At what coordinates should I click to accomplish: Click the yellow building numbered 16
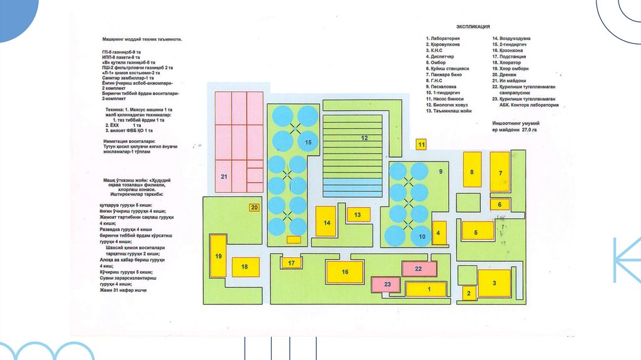[344, 272]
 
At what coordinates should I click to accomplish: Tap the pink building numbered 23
[387, 284]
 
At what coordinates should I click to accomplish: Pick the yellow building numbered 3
[494, 283]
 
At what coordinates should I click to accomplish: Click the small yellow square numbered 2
[468, 292]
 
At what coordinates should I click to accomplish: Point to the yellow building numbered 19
[218, 255]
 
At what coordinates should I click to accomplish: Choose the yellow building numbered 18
[245, 267]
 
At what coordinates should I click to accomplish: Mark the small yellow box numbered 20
[254, 207]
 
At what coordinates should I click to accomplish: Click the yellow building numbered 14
[326, 221]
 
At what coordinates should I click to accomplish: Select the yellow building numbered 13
[357, 215]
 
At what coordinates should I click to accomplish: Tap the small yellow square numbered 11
[421, 145]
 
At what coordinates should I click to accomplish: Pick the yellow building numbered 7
[500, 170]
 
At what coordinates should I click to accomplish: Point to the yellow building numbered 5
[477, 231]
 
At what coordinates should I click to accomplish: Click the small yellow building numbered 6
[500, 204]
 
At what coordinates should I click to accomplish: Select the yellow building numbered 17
[292, 263]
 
